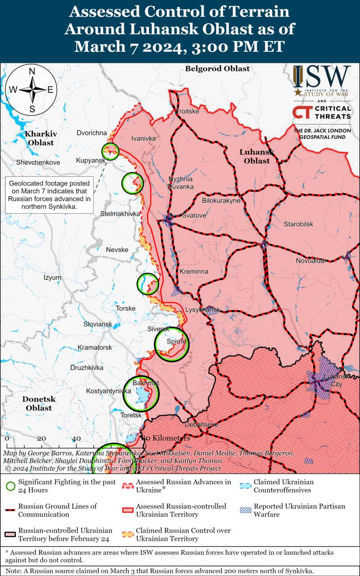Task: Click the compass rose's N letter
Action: click(x=32, y=71)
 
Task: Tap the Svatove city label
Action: click(x=194, y=216)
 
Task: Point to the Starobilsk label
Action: click(x=298, y=224)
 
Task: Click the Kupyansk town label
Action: click(x=91, y=161)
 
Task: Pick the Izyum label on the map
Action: click(x=52, y=277)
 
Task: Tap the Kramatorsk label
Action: click(x=94, y=348)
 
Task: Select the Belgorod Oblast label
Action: click(x=217, y=69)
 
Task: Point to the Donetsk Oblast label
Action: click(x=39, y=403)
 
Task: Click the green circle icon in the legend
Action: click(x=10, y=486)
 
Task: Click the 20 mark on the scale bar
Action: click(x=41, y=438)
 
